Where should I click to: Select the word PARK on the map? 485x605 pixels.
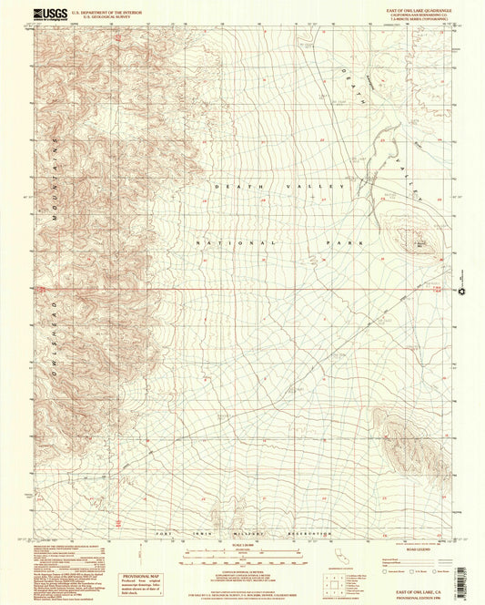click(349, 243)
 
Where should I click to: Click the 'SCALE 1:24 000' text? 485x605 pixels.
click(242, 545)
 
